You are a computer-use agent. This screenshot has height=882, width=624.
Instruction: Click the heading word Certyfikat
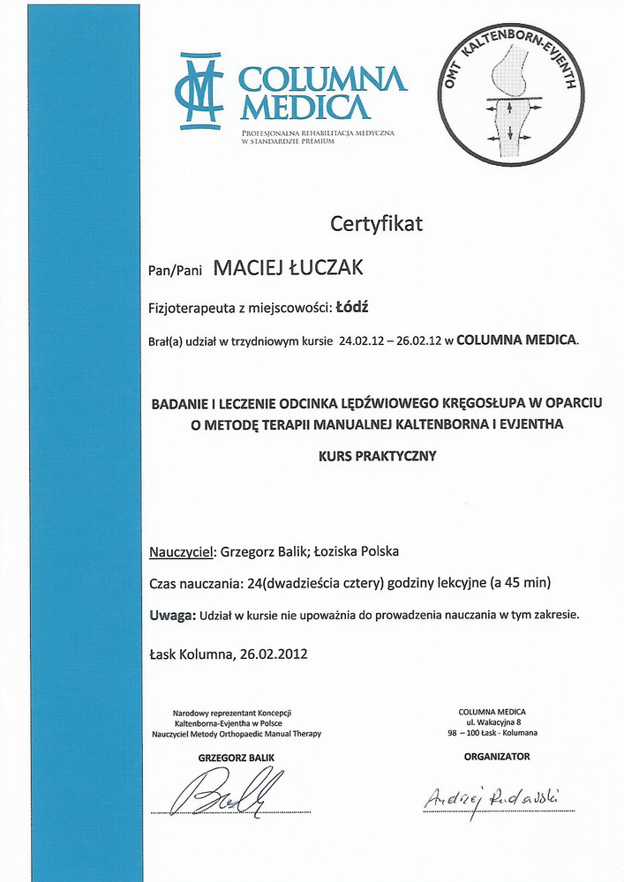click(x=376, y=224)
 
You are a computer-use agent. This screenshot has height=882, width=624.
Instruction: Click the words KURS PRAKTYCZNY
click(x=377, y=458)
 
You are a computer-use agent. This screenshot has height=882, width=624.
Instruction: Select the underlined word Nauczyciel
click(x=183, y=552)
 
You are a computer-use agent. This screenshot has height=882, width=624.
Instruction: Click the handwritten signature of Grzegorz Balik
click(x=231, y=790)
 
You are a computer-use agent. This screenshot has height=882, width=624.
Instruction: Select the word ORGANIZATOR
click(x=497, y=756)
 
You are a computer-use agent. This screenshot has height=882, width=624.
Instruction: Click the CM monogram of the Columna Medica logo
click(x=199, y=90)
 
